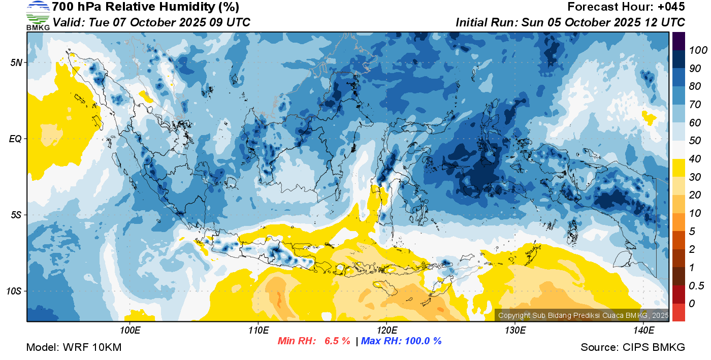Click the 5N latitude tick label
pos(16,62)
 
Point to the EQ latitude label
pos(16,139)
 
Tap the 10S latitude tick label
pos(14,291)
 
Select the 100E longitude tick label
pos(130,330)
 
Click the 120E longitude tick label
pos(387,330)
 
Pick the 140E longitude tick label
pos(644,330)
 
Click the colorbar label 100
pos(698,50)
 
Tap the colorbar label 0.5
pos(696,285)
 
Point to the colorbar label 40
pos(695,159)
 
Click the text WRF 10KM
pos(92,347)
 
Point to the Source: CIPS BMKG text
pos(633,347)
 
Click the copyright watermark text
pos(583,315)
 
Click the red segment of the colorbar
pos(678,313)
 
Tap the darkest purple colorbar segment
pos(678,41)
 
